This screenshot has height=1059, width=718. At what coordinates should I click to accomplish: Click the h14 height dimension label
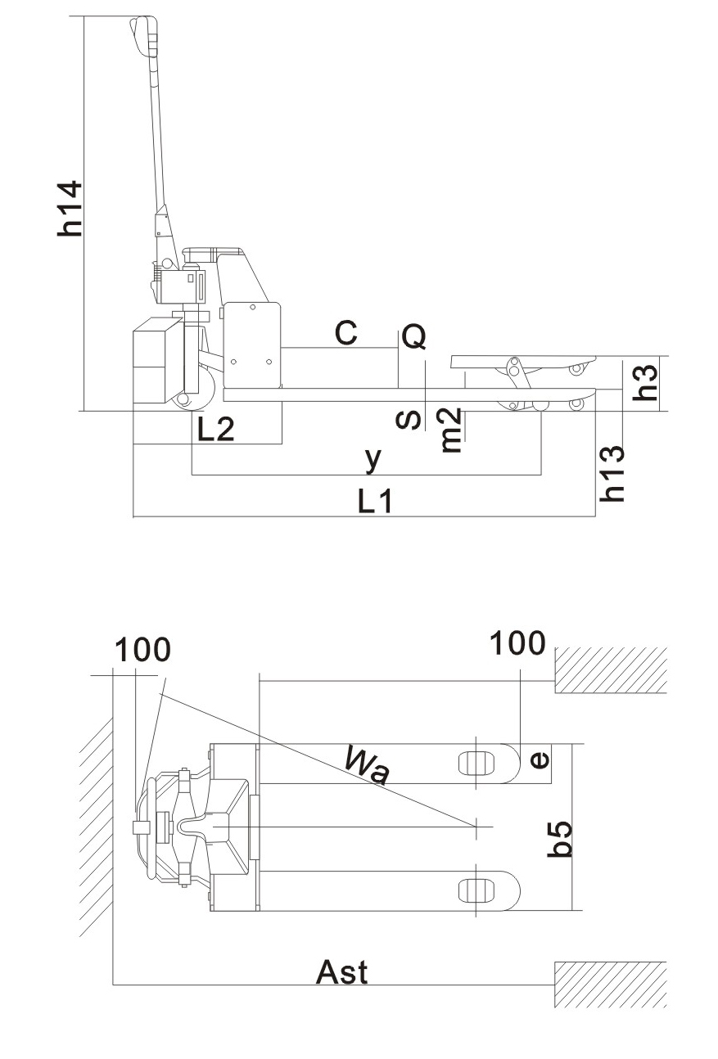pos(70,208)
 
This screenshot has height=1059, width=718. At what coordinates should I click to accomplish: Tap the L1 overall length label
pos(376,501)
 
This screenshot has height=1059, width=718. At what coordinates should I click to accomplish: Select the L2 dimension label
pos(215,428)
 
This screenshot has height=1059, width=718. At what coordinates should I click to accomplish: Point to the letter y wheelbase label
pos(373,459)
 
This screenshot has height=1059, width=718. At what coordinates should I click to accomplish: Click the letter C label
pos(346,333)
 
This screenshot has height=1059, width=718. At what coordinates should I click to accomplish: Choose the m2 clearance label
pos(451,430)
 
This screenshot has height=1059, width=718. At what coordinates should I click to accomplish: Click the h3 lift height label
pos(648,382)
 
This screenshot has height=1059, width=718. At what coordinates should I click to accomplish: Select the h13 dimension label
pos(613,473)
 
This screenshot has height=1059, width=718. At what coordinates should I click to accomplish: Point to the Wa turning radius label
pos(366,766)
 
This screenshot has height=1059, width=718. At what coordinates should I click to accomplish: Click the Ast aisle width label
pos(342,972)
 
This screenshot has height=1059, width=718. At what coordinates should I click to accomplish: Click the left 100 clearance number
pos(142,650)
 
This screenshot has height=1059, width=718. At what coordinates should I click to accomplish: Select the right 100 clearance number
pos(517,643)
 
